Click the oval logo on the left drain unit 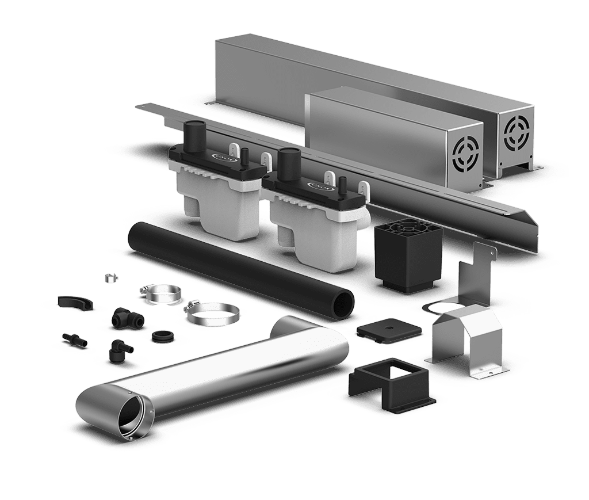(x=221, y=157)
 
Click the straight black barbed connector (x=73, y=339)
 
